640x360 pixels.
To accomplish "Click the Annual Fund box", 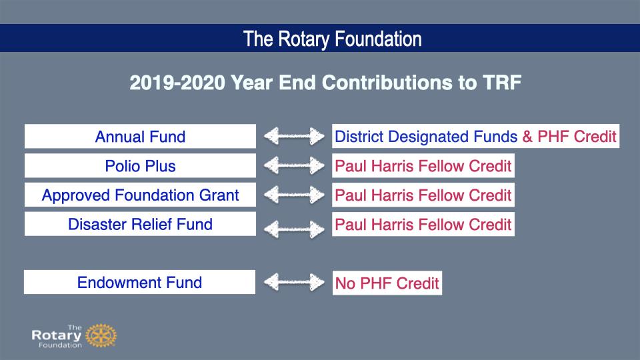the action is [140, 136].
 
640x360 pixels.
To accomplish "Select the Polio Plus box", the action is [140, 166].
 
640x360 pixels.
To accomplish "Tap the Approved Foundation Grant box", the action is [140, 195].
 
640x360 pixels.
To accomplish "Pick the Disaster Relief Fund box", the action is [140, 224].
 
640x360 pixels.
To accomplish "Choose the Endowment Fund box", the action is [139, 282].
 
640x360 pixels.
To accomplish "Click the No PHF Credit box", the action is [387, 283].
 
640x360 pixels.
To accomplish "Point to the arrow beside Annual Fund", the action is [294, 136].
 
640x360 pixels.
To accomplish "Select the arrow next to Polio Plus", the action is [294, 166].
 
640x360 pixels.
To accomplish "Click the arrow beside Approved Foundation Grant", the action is [294, 195].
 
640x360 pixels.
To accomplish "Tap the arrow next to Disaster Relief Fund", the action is [294, 229].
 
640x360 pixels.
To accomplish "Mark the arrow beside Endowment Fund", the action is [294, 282].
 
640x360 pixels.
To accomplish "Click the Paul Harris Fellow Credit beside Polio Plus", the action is [423, 166].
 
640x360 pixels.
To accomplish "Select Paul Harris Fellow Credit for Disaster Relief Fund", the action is [423, 224].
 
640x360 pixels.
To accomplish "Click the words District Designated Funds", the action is [426, 136].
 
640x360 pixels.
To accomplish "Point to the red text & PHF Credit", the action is [569, 136].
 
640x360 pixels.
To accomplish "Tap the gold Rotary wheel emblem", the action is [101, 335].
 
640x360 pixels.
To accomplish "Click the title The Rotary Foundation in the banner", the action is [333, 39].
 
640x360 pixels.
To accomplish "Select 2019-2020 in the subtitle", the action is [177, 83].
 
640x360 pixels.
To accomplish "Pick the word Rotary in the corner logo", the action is [57, 336].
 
